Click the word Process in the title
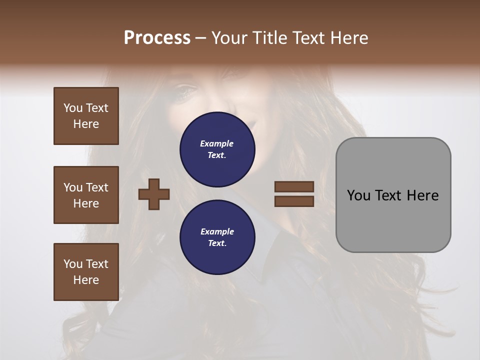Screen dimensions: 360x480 [x=157, y=38]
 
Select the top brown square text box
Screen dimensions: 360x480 [x=86, y=116]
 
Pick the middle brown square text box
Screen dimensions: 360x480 [x=86, y=195]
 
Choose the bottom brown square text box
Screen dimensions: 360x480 [x=86, y=272]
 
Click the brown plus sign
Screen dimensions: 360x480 [x=154, y=194]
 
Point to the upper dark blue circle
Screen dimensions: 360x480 [x=217, y=149]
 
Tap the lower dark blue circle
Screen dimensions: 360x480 [x=217, y=237]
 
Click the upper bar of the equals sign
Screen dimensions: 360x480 [x=294, y=186]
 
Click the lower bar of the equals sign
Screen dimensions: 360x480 [x=294, y=201]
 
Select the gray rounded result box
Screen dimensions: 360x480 [x=393, y=195]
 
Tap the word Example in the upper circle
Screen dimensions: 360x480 [x=217, y=144]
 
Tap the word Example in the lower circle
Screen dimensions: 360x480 [x=217, y=232]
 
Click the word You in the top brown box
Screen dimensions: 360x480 [x=73, y=108]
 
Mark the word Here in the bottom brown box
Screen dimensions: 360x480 [x=86, y=280]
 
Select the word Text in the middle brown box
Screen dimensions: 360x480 [x=96, y=187]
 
